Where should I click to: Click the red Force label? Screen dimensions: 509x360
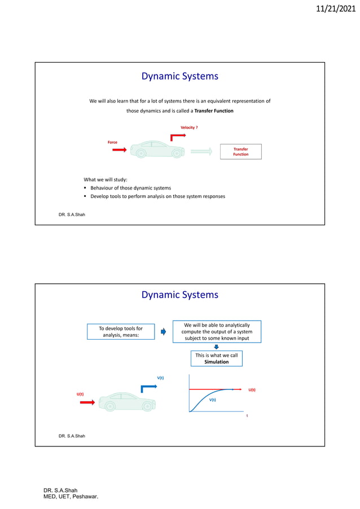click(112, 142)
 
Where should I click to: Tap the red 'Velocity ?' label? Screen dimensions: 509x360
click(188, 128)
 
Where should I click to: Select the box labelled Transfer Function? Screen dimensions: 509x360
click(240, 151)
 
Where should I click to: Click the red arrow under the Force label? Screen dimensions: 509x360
click(119, 150)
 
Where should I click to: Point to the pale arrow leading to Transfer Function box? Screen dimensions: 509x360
click(201, 151)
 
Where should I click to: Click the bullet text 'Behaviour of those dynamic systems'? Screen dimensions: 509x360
click(130, 187)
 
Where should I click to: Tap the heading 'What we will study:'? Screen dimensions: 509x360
click(106, 179)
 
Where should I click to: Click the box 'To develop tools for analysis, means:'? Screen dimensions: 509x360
click(120, 332)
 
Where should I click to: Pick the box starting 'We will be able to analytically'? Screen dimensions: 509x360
click(216, 332)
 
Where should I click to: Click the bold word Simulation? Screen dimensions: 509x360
click(216, 362)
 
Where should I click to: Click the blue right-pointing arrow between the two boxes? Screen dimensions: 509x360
click(163, 332)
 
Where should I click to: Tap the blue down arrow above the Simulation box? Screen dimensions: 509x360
click(216, 347)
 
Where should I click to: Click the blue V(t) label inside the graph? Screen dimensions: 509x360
click(213, 399)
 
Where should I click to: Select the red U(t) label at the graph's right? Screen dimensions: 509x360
click(252, 389)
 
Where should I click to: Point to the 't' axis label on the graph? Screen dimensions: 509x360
click(247, 415)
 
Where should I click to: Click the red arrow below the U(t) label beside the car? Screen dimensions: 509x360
click(87, 402)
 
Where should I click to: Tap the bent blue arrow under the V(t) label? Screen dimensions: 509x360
click(148, 388)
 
